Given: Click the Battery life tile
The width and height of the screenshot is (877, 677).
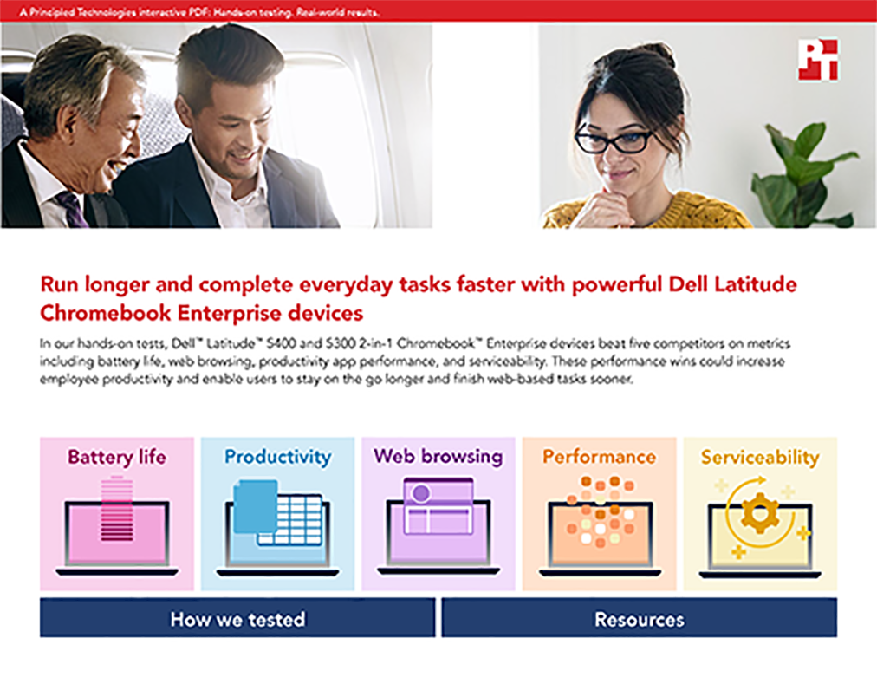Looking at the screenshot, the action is click(117, 514).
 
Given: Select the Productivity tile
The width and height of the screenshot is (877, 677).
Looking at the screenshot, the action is click(277, 514).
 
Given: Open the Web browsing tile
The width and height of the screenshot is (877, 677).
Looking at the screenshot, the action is click(438, 514).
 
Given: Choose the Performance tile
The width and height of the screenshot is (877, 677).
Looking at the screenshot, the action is click(599, 514).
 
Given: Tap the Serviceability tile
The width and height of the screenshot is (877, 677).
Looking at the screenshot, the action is click(760, 514).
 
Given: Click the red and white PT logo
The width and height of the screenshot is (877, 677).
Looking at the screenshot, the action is click(818, 60).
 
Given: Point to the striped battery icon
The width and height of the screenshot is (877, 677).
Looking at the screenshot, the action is click(117, 509).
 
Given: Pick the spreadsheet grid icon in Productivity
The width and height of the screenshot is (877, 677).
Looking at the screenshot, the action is click(289, 520).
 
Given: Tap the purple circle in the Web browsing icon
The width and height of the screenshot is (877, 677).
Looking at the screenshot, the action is click(420, 493).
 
